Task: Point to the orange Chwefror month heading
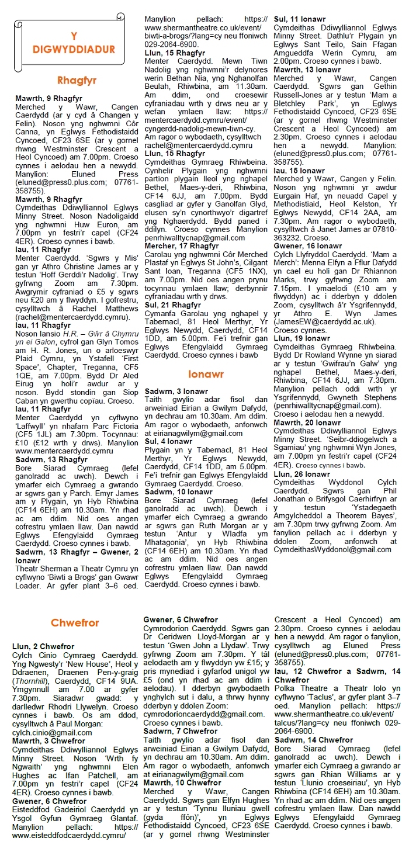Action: [x=74, y=623]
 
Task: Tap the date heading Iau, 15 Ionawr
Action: [x=299, y=169]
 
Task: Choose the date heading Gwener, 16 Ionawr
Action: [x=304, y=246]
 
